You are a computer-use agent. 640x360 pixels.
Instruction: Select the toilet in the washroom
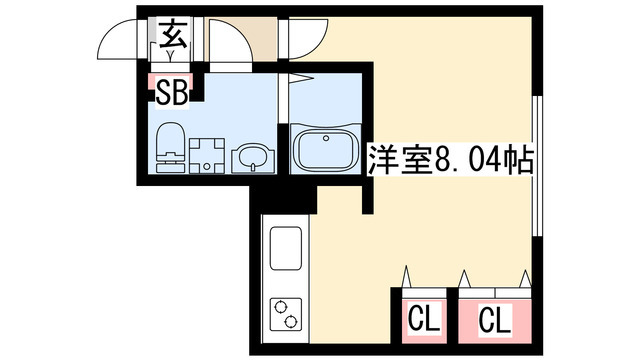point(171,148)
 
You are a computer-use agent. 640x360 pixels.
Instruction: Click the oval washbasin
point(250,157)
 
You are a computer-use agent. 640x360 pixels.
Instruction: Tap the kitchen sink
point(284,247)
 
